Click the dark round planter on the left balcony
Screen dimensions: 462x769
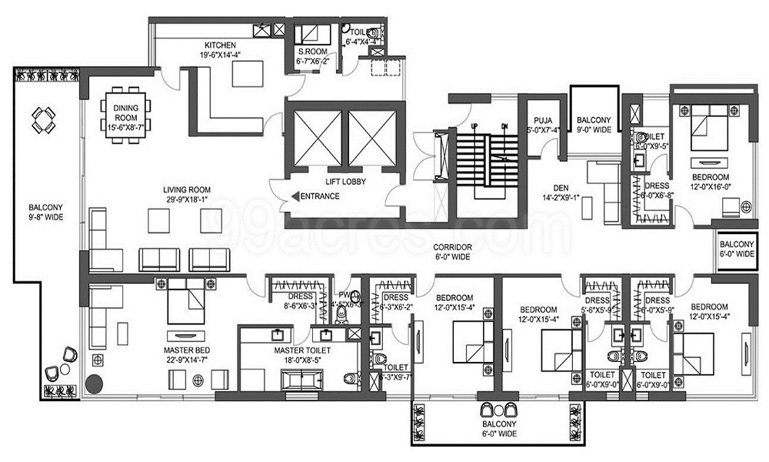click(95, 382)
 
